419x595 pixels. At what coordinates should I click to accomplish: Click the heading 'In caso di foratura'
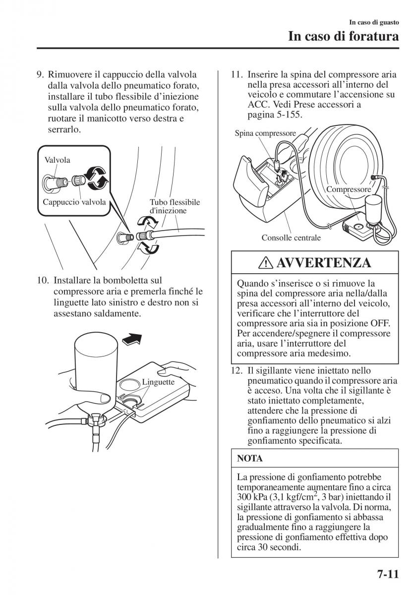(x=344, y=37)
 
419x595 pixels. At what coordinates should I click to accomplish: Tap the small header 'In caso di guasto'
(x=374, y=23)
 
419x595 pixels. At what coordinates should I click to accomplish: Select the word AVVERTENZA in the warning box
(x=327, y=262)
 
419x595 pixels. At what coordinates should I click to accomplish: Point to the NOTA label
(x=250, y=459)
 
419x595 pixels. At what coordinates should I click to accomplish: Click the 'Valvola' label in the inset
(x=57, y=160)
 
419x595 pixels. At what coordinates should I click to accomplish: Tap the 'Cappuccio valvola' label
(x=74, y=202)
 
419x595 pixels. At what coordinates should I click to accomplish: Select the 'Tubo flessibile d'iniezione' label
(x=175, y=206)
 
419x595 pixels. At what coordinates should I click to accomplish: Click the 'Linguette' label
(x=158, y=382)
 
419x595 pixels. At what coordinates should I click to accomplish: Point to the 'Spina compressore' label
(x=265, y=133)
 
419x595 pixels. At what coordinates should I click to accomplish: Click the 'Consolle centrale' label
(x=291, y=238)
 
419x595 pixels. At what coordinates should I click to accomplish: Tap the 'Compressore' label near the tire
(x=349, y=190)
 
